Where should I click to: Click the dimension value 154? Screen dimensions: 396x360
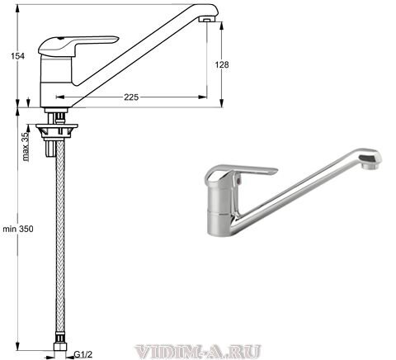tap(18, 56)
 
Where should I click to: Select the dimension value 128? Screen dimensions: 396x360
tap(222, 64)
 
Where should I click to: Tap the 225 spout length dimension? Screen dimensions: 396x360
tap(131, 97)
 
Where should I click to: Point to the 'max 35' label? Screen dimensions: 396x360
tap(26, 146)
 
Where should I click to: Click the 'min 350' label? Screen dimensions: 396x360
tap(18, 229)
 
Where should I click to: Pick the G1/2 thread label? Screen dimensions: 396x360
tap(83, 354)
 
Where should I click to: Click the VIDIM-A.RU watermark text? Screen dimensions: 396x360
tap(198, 352)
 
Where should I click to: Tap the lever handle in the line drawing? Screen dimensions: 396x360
tap(78, 45)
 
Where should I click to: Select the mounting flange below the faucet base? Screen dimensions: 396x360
tap(57, 130)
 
